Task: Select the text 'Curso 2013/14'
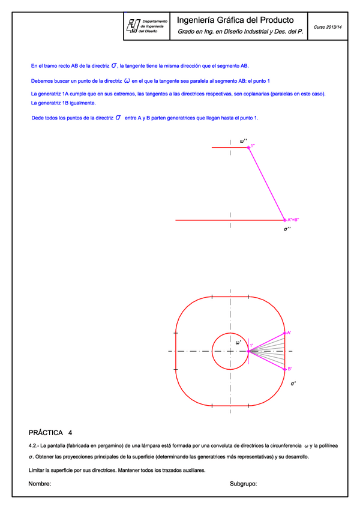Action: click(328, 27)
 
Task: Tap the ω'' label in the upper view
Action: click(244, 141)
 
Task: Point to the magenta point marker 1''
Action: click(249, 147)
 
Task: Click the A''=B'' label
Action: click(293, 220)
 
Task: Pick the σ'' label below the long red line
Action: click(287, 229)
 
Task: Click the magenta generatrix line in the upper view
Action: click(267, 184)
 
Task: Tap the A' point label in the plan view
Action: click(289, 333)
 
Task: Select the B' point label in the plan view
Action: click(289, 369)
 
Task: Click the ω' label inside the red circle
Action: click(238, 343)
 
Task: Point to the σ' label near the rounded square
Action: click(293, 382)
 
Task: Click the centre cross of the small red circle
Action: click(230, 351)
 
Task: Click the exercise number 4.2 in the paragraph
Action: click(34, 446)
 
